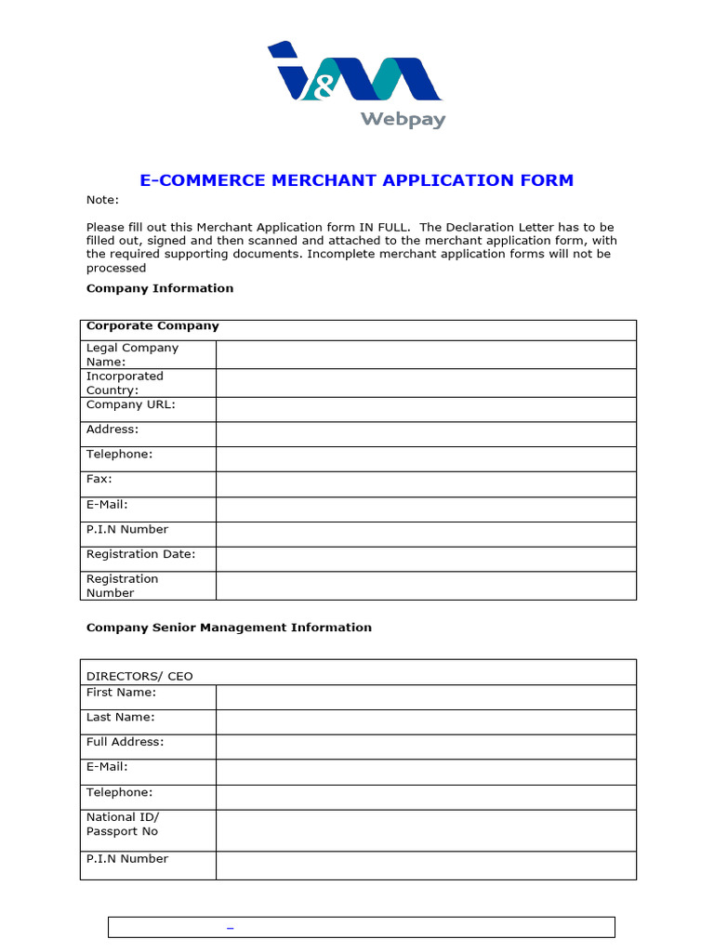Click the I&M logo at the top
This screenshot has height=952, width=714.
pos(354,72)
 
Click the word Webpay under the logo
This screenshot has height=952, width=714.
pos(403,120)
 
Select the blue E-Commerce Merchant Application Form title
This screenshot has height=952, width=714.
pos(357,180)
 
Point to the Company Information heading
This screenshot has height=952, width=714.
pos(160,288)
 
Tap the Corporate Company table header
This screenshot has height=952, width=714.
pos(152,326)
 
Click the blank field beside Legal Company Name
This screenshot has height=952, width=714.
pos(426,354)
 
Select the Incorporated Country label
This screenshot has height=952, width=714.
pos(125,383)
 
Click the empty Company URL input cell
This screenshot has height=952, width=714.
pos(426,409)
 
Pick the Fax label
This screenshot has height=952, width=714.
pos(99,479)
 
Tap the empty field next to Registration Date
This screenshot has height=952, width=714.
pos(426,559)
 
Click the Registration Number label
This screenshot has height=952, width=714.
pos(123,586)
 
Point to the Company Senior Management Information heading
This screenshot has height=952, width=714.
pos(229,628)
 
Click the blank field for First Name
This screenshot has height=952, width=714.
pos(426,697)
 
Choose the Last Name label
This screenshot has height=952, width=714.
pos(121,717)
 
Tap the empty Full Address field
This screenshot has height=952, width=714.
pos(426,747)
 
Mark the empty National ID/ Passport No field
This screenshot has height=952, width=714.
pos(426,829)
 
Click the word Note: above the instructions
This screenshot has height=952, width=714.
pos(102,200)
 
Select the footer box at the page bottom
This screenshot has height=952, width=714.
pos(362,927)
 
